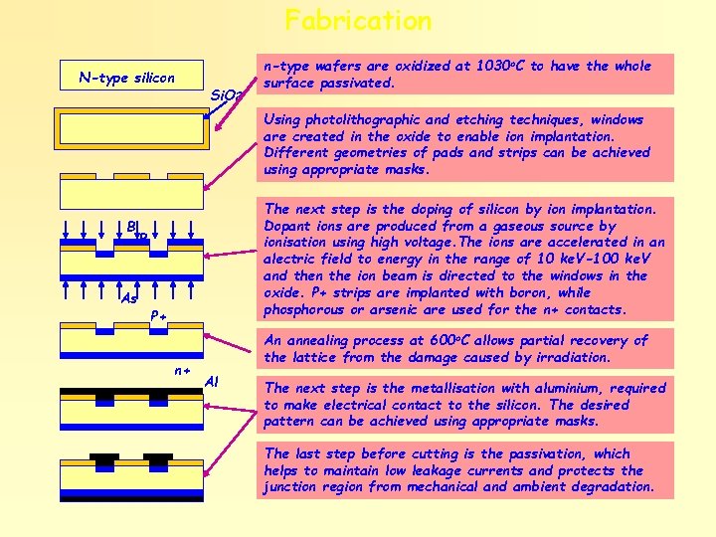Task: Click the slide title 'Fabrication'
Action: [358, 20]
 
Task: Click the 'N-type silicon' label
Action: [127, 78]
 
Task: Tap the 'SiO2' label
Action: [229, 96]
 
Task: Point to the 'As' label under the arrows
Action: [128, 298]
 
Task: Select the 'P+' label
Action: [157, 316]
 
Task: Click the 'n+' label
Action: [182, 370]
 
